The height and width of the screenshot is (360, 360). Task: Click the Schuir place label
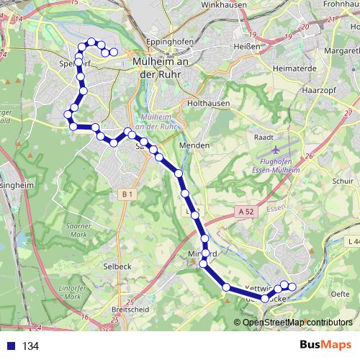click(x=343, y=181)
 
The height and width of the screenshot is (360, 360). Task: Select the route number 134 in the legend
click(x=30, y=346)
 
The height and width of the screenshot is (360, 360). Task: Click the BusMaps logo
click(x=325, y=345)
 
